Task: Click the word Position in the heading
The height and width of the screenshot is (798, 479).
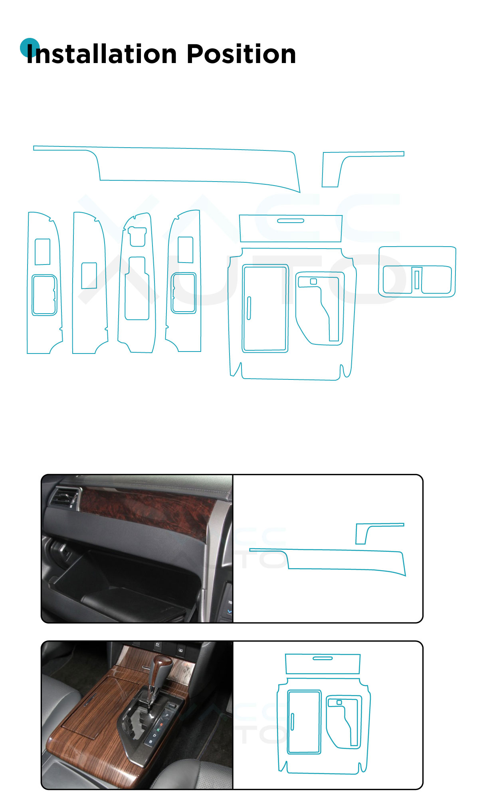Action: [241, 54]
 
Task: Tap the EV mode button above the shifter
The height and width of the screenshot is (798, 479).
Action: [157, 645]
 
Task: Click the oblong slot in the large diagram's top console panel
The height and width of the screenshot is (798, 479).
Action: [291, 220]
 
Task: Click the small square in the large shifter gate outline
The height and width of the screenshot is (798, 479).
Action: [313, 282]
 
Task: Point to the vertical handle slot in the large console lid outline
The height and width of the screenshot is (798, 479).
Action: [249, 308]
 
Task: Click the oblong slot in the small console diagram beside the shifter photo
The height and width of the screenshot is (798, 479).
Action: [323, 658]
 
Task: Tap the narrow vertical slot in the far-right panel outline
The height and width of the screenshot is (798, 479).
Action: [417, 279]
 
